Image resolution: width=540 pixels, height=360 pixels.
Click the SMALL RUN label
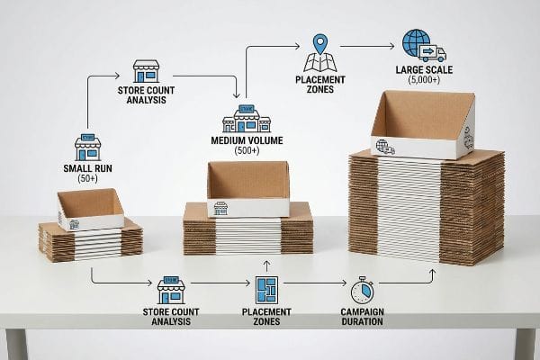[x=87, y=168]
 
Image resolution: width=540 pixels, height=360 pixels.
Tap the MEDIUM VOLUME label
[x=247, y=140]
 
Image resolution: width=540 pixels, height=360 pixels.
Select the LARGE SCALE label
[x=424, y=70]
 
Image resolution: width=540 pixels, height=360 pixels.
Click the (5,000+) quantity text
[x=424, y=80]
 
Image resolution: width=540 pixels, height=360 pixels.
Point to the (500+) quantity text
[x=247, y=150]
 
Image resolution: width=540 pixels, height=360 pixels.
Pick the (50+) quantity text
[x=87, y=178]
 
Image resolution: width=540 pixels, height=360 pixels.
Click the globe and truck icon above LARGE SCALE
[x=424, y=45]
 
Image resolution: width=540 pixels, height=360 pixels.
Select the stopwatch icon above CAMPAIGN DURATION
[x=362, y=291]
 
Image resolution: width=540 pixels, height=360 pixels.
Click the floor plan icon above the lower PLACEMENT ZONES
[x=266, y=290]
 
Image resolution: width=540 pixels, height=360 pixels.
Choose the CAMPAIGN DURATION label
[x=362, y=317]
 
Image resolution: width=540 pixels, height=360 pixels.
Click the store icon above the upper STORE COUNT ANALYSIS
[x=147, y=71]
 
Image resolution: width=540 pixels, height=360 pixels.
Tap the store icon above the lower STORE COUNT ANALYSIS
[x=171, y=290]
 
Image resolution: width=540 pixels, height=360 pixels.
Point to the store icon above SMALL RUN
[x=87, y=147]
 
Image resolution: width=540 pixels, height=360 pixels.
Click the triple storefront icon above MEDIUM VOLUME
[x=247, y=119]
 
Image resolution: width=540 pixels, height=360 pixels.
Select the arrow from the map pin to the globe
[x=367, y=46]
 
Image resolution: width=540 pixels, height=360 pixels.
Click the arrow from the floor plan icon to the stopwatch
[x=315, y=283]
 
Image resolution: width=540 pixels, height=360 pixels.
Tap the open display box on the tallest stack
[x=423, y=124]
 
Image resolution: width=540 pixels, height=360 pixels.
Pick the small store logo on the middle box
[x=220, y=208]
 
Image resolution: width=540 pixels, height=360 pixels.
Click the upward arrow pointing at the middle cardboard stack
[x=266, y=266]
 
